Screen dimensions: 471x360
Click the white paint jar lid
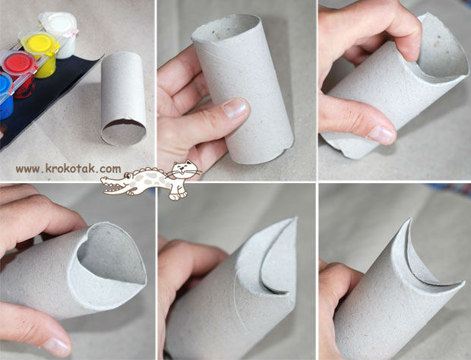tap(60, 23)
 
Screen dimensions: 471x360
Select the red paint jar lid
tap(19, 63)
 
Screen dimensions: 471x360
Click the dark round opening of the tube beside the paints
tap(124, 131)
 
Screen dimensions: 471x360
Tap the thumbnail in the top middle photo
tap(235, 107)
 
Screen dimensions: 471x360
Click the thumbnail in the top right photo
tap(381, 134)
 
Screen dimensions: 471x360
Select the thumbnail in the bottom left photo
tap(56, 346)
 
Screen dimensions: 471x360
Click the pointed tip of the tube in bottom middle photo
tap(295, 219)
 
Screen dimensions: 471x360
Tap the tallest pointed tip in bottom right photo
tap(409, 219)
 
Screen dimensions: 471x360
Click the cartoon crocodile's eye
tap(128, 175)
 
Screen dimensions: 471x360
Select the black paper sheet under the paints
tap(45, 99)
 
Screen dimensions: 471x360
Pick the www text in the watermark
tap(27, 169)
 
